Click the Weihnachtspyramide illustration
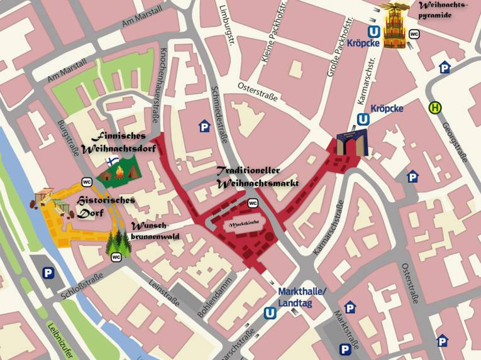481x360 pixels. (x=397, y=26)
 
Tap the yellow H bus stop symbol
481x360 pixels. (x=434, y=108)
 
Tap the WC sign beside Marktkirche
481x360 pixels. (x=253, y=203)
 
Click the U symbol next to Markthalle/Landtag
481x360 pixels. (x=270, y=312)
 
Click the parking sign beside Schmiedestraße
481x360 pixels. (x=204, y=127)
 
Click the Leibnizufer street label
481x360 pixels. (x=56, y=339)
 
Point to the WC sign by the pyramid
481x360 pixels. (x=414, y=34)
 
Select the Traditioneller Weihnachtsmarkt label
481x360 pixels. (x=257, y=177)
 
